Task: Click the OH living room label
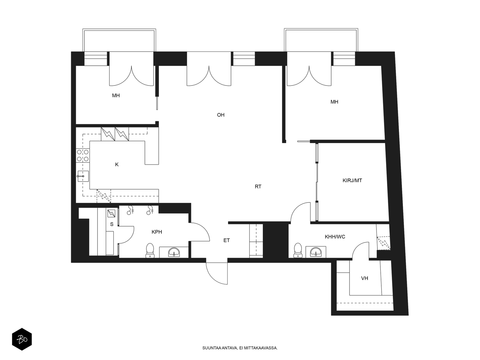(x=220, y=115)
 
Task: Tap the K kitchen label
(x=117, y=165)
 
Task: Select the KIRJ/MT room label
(x=352, y=181)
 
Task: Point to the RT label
(x=258, y=187)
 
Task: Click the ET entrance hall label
(x=226, y=240)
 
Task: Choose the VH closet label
(x=364, y=278)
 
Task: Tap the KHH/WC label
(x=335, y=237)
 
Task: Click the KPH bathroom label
(x=157, y=232)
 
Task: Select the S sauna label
(x=112, y=224)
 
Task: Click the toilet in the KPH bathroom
(x=150, y=250)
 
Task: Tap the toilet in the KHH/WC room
(x=298, y=250)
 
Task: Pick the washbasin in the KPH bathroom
(x=174, y=252)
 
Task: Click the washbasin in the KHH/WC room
(x=316, y=252)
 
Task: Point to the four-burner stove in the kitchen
(x=83, y=155)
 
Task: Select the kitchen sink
(x=83, y=176)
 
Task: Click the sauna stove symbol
(x=111, y=213)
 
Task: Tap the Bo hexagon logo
(x=22, y=339)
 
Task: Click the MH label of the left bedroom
(x=116, y=95)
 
